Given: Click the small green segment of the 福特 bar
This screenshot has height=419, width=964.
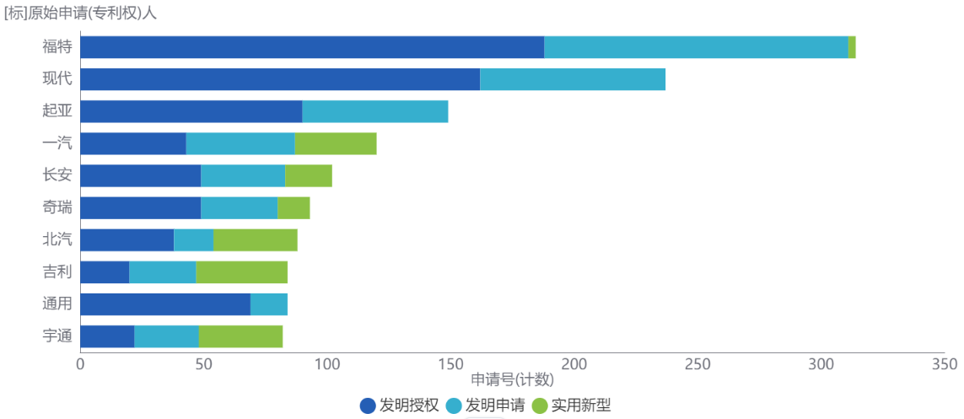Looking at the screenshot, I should [852, 47].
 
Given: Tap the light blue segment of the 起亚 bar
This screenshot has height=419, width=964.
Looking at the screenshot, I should [374, 111].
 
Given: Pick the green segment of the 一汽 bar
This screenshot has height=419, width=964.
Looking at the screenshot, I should [335, 143].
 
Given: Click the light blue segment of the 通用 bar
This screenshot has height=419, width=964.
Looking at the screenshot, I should [269, 304].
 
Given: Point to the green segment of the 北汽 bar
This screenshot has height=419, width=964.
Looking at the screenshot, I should [256, 239].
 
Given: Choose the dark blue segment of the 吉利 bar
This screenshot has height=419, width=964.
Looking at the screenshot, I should [105, 271].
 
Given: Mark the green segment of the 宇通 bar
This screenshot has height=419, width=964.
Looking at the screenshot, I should [240, 336].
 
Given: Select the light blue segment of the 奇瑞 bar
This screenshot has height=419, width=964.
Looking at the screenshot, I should [239, 207].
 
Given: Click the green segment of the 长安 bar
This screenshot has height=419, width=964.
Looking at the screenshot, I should [308, 175].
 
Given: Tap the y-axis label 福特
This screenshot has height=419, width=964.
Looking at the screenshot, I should [57, 47].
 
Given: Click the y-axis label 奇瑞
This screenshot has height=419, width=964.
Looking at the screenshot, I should [57, 207].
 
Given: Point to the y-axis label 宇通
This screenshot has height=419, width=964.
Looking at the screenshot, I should [57, 336].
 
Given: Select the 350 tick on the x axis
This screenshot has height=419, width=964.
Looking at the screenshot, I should [944, 363].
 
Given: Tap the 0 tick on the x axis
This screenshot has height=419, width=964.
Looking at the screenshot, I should [80, 363].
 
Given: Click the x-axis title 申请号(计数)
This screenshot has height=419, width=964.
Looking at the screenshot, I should [512, 379].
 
